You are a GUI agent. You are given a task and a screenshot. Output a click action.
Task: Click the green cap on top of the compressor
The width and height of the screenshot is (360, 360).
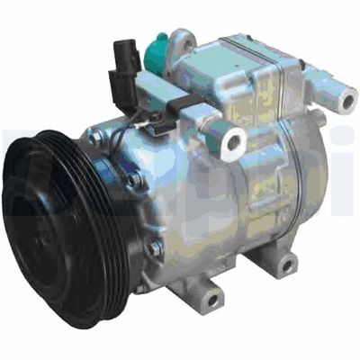click(159, 49)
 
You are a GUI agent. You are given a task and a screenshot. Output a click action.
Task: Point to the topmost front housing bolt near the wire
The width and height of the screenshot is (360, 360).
click(96, 137)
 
